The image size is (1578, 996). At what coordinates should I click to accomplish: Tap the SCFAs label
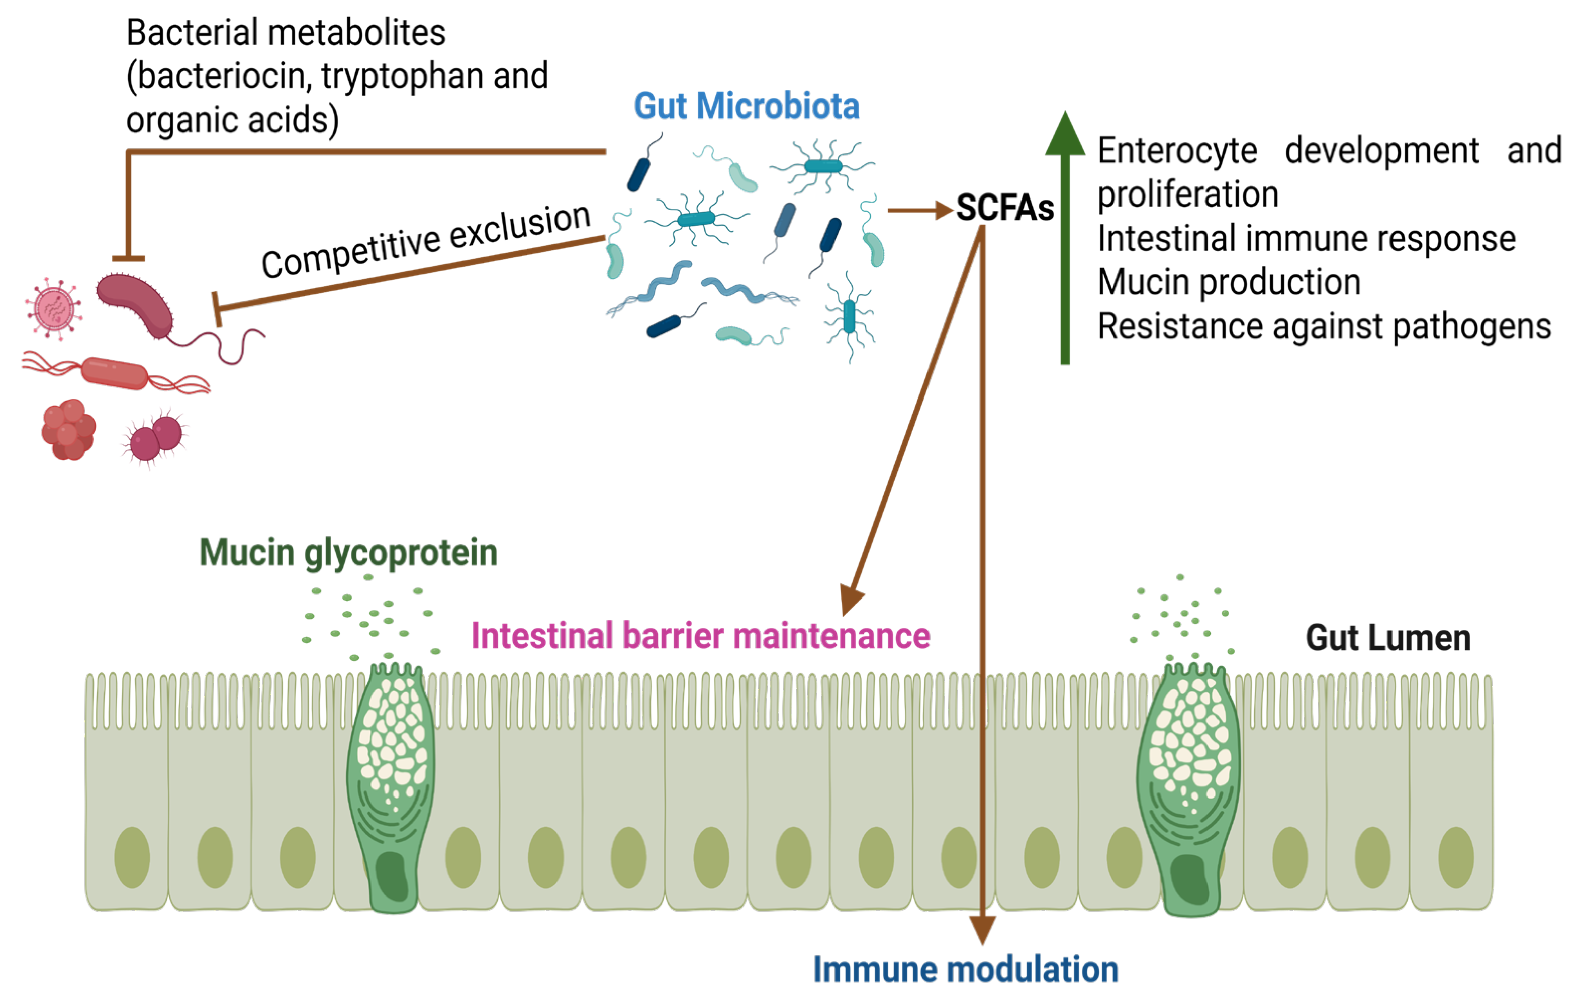click(x=1004, y=209)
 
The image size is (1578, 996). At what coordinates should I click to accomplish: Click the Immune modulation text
click(x=965, y=970)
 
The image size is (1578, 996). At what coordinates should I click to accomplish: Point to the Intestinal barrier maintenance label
click(x=700, y=636)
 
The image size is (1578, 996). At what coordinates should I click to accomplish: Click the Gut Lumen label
click(x=1388, y=638)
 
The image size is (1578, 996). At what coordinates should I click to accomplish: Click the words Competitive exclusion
click(x=426, y=241)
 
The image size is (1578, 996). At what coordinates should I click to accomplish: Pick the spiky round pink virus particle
click(x=54, y=308)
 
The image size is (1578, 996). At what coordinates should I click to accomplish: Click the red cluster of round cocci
click(x=68, y=430)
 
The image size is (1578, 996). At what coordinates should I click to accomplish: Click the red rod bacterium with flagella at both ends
click(x=115, y=373)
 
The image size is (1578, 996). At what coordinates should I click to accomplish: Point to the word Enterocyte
click(x=1177, y=151)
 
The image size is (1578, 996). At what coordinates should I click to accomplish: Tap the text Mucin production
click(x=1229, y=282)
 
